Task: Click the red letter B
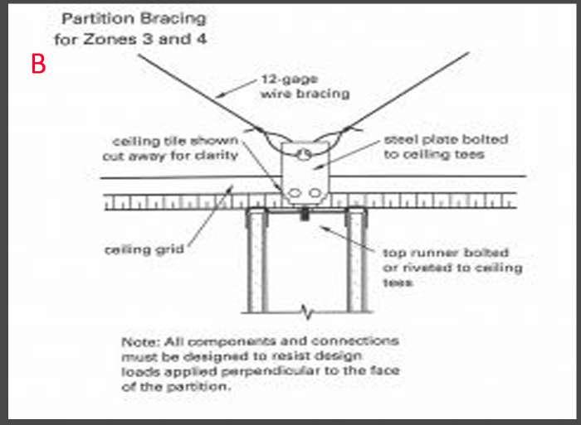coord(37,64)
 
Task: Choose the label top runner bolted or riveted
coord(452,267)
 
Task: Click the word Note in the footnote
coord(138,340)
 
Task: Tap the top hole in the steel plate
coord(305,154)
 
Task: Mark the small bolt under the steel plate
coord(305,216)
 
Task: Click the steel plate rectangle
coord(305,174)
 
